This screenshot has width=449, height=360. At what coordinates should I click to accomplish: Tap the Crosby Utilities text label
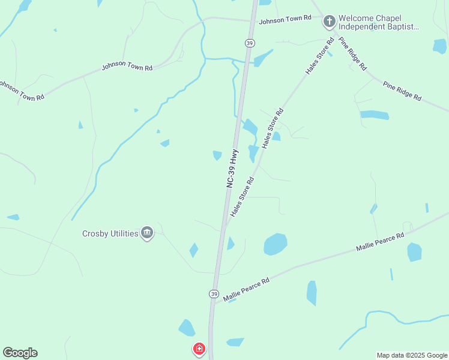click(110, 233)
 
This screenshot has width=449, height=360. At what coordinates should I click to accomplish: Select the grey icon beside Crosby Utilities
click(147, 233)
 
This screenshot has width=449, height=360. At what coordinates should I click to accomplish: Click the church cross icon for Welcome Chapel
click(329, 22)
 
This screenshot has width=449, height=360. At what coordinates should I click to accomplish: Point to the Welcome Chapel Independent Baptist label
click(378, 22)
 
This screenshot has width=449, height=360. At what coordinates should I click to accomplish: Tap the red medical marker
click(199, 349)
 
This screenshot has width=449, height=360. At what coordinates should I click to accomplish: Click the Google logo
click(20, 353)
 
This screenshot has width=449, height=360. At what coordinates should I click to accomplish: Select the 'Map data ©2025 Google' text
click(412, 355)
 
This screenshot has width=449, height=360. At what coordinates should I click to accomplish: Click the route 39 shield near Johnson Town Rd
click(249, 43)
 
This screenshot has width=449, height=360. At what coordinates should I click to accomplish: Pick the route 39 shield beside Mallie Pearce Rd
click(214, 293)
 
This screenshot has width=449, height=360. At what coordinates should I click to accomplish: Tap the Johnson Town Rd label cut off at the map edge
click(22, 90)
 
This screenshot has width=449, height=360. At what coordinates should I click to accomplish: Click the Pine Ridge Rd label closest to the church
click(352, 53)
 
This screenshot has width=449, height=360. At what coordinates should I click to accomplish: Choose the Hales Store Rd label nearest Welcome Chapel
click(319, 56)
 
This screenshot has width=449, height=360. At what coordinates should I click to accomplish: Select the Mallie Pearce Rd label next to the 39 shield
click(246, 289)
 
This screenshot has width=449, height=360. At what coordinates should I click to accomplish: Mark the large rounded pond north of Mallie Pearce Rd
click(276, 244)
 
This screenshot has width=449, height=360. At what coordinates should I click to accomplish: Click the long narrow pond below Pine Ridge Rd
click(375, 115)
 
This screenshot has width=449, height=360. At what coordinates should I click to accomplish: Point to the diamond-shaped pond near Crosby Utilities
click(193, 250)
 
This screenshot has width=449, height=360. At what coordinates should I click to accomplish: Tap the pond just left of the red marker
click(187, 328)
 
